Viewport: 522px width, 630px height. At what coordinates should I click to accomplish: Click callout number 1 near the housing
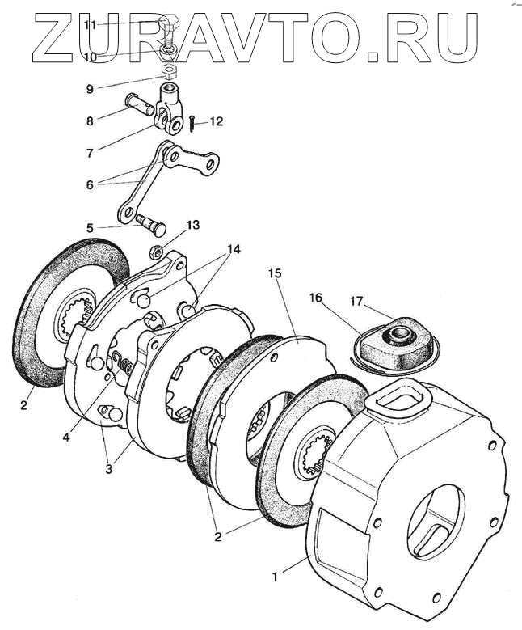[x=276, y=577]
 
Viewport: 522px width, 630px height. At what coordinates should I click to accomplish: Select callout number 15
[x=275, y=274]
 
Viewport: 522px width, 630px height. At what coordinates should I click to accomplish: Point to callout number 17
[x=357, y=302]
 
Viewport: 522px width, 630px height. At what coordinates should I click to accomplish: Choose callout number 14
[x=234, y=250]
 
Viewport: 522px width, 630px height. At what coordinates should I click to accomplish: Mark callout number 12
[x=216, y=122]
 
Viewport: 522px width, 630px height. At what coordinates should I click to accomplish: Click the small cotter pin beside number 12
[x=193, y=124]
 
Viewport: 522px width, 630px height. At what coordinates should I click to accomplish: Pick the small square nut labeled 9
[x=167, y=72]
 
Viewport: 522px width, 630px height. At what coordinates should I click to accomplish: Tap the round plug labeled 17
[x=399, y=334]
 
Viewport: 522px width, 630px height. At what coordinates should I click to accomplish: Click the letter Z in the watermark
[x=57, y=37]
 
